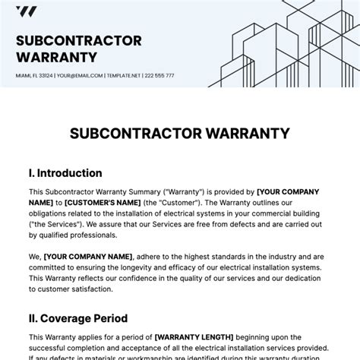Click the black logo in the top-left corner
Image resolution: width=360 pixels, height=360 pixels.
[27, 11]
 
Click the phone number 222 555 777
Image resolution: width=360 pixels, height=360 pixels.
[160, 75]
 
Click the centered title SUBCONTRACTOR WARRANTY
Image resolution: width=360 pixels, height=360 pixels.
[179, 134]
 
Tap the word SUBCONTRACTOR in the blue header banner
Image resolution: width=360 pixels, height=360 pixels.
[78, 40]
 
